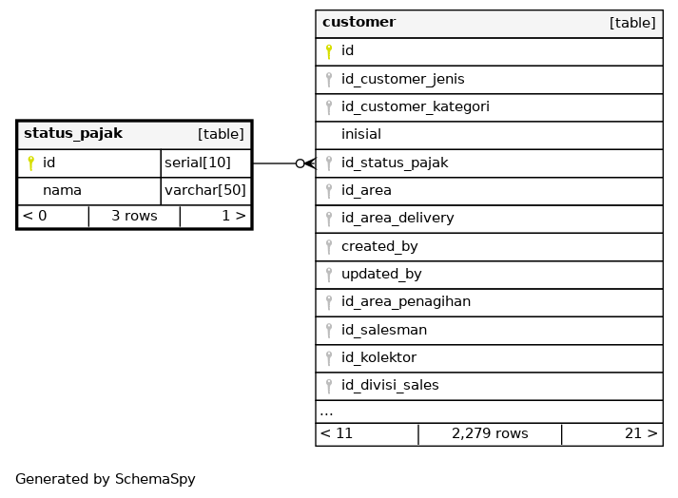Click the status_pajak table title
coord(73,134)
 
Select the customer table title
coord(359,23)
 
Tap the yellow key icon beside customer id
coord(329,51)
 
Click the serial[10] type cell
coord(198,163)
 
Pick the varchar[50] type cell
coord(205,191)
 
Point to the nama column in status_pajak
coord(62,191)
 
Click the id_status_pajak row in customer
coord(395,163)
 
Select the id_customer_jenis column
coord(403,79)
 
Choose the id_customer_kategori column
coord(416,107)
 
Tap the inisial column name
coord(361,135)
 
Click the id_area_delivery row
coord(397,219)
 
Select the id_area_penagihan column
coord(406,302)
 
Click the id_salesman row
coord(384,330)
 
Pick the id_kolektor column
coord(378,358)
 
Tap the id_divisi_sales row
coord(390,386)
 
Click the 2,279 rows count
coord(490,434)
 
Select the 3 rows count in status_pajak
coord(134,217)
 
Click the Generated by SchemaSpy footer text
coord(106,480)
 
